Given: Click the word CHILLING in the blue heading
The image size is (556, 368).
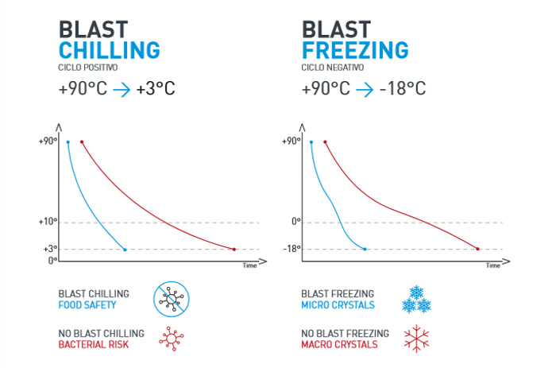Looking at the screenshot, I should (x=110, y=50).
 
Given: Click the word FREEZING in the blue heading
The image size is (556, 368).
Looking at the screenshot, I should (x=355, y=50).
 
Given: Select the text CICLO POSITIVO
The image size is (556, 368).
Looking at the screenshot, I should (x=88, y=68).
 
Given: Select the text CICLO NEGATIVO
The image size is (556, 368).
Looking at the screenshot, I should (x=332, y=68).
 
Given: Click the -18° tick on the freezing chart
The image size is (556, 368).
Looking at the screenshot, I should (x=292, y=249).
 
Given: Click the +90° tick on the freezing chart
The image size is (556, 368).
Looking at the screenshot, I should (x=291, y=141).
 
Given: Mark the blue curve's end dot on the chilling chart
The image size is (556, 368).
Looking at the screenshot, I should (x=125, y=250).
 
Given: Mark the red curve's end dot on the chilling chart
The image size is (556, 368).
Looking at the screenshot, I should (x=234, y=250).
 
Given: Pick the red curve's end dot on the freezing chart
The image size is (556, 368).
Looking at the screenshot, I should (x=477, y=250).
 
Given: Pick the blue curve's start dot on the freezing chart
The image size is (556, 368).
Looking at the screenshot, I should (x=311, y=142).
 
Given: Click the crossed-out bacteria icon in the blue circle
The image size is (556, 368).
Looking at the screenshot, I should (x=171, y=299).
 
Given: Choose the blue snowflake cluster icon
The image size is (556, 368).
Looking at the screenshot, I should (x=416, y=299).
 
